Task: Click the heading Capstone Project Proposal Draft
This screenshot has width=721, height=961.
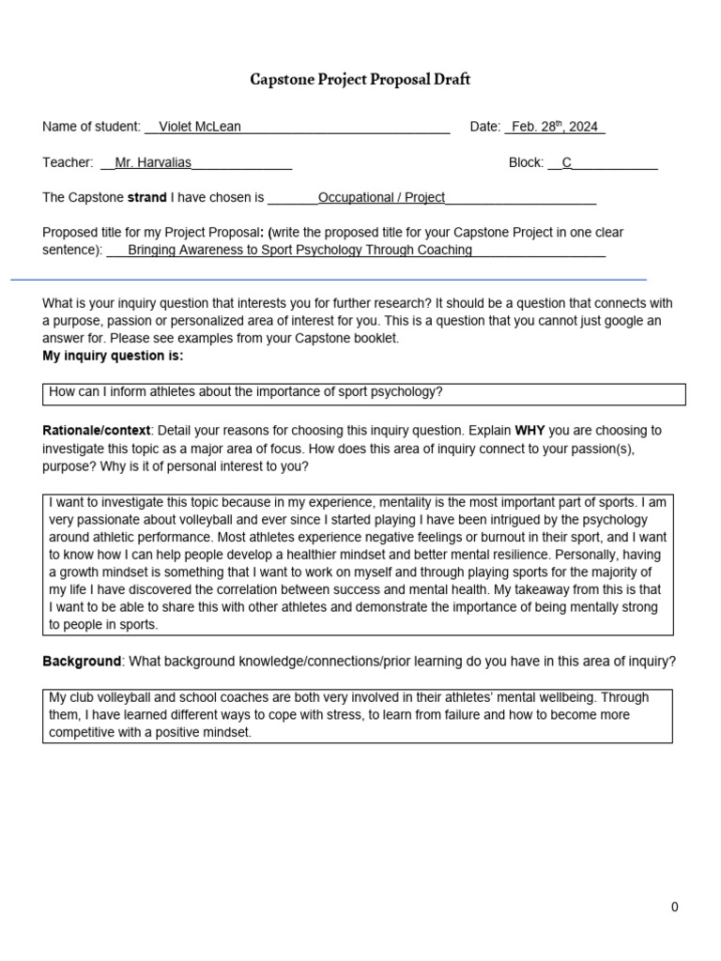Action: pyautogui.click(x=360, y=80)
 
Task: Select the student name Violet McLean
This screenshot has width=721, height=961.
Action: pyautogui.click(x=199, y=127)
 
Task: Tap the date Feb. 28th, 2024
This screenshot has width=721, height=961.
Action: pyautogui.click(x=554, y=127)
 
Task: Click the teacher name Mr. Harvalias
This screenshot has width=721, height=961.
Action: pyautogui.click(x=152, y=162)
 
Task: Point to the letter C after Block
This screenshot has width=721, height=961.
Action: pyautogui.click(x=566, y=162)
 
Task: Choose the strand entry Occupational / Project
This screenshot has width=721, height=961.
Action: pyautogui.click(x=381, y=197)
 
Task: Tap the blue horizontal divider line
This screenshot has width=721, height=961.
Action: pyautogui.click(x=329, y=279)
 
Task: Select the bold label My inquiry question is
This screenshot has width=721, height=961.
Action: pyautogui.click(x=113, y=356)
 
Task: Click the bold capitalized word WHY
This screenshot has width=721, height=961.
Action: pyautogui.click(x=530, y=430)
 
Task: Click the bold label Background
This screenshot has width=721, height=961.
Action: pyautogui.click(x=82, y=661)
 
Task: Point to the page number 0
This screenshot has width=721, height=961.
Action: pyautogui.click(x=674, y=907)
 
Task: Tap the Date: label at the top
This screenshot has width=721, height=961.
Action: pyautogui.click(x=485, y=127)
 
